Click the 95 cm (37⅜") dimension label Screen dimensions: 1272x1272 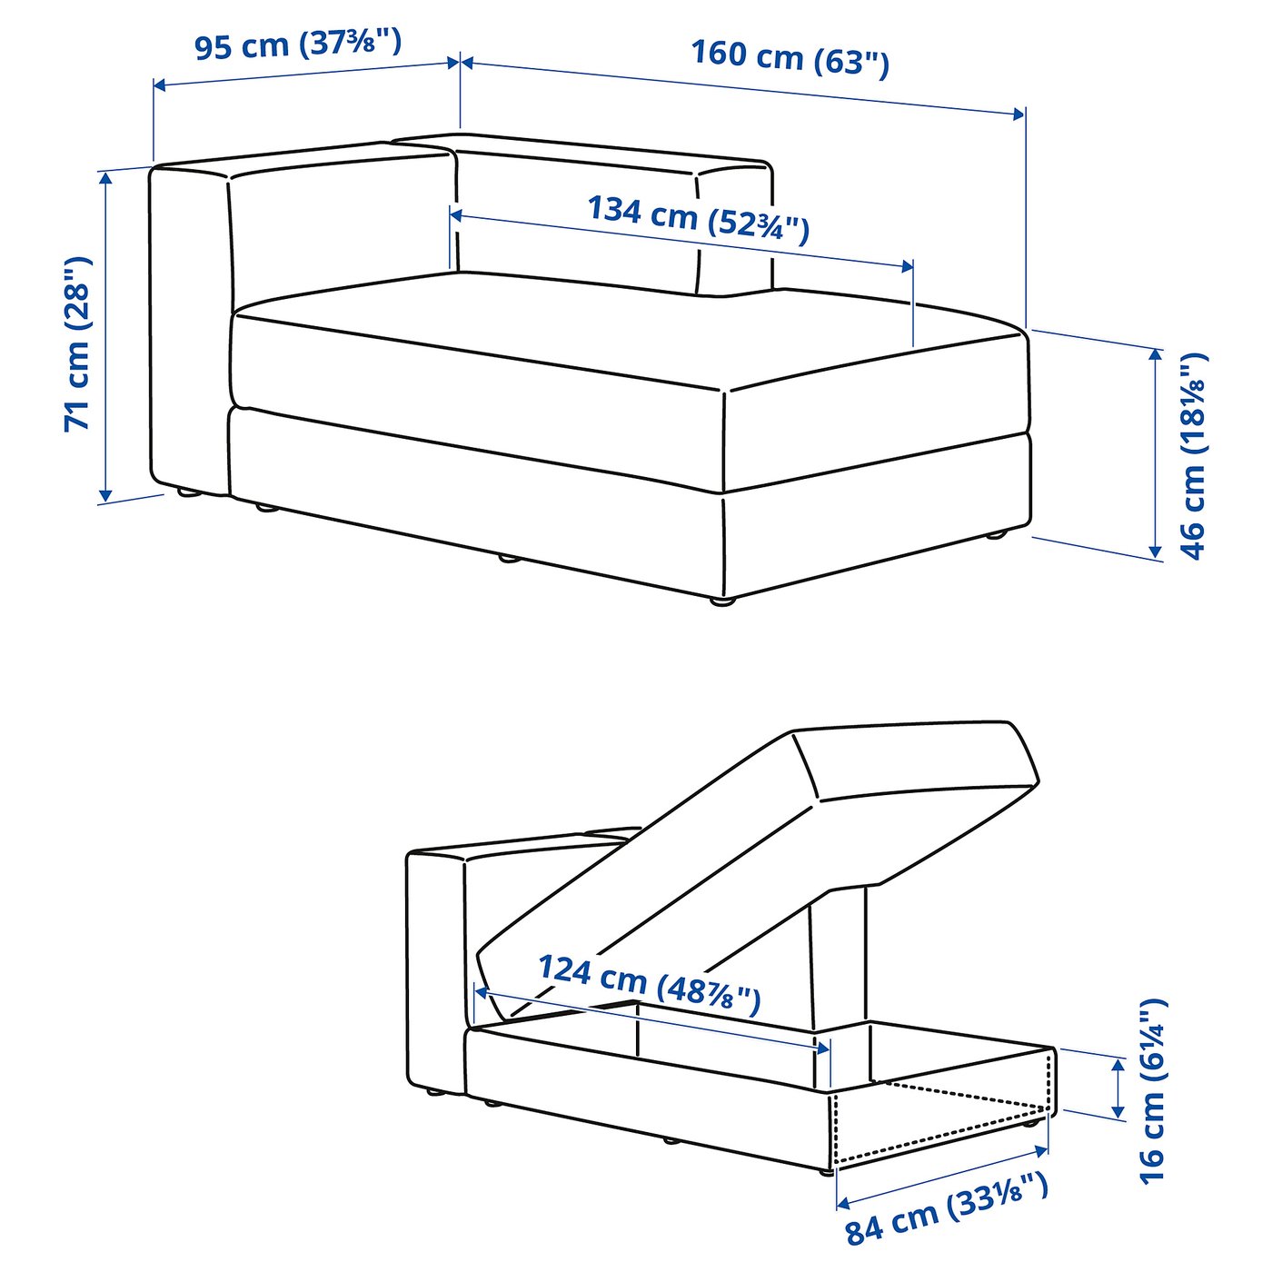[x=298, y=45]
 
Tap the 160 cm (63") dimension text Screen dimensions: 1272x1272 [x=790, y=58]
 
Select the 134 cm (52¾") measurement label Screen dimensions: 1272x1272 [x=698, y=219]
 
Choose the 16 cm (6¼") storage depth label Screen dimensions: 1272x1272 [x=1152, y=1090]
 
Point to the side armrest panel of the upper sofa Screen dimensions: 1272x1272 [x=187, y=327]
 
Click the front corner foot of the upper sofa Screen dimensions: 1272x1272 [x=720, y=601]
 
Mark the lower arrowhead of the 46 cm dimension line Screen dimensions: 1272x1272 [x=1155, y=551]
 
